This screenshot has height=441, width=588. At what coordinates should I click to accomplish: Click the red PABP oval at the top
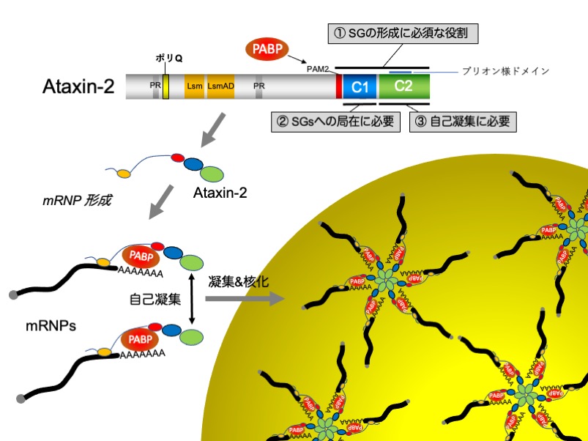click(x=264, y=50)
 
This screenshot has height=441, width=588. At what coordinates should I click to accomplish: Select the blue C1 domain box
click(x=360, y=86)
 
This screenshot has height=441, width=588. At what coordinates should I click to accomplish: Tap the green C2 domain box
click(x=403, y=86)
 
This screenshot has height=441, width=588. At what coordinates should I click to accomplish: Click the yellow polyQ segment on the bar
click(x=166, y=86)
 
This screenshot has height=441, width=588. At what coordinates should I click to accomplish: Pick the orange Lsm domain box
click(x=194, y=86)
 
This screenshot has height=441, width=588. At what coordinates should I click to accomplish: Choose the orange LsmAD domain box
click(x=220, y=86)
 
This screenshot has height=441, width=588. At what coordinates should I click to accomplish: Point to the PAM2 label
click(x=320, y=70)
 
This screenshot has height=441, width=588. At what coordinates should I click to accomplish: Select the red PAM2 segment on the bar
click(x=338, y=86)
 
